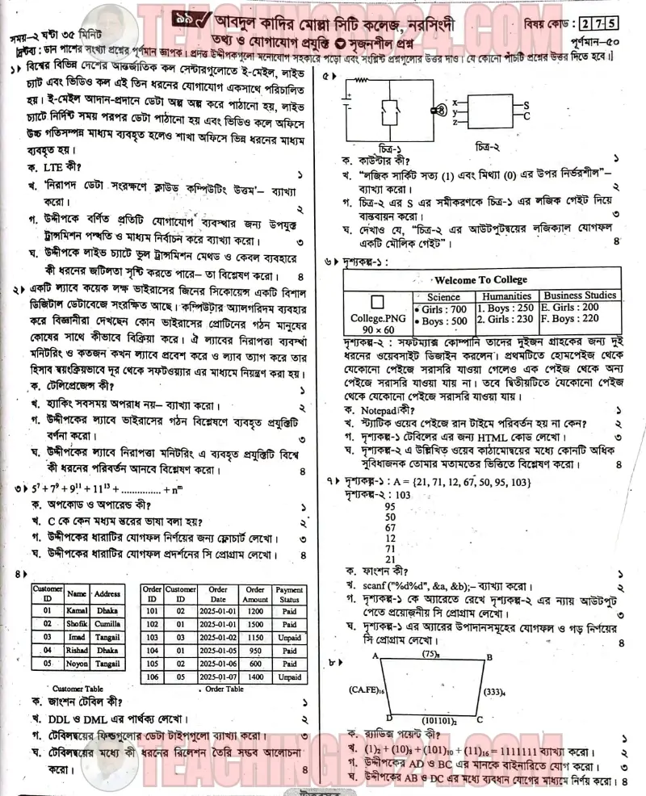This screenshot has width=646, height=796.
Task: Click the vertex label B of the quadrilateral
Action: [488, 657]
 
